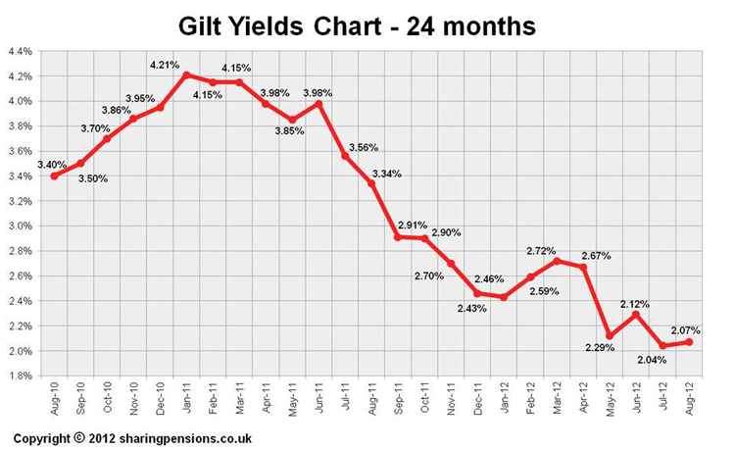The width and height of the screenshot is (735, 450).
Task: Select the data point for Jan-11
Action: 186,75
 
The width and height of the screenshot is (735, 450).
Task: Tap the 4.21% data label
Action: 165,65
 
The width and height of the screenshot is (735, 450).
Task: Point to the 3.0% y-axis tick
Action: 20,225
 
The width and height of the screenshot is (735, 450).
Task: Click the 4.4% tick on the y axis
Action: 20,51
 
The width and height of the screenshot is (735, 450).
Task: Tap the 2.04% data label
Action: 652,360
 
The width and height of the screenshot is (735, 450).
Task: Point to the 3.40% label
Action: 52,165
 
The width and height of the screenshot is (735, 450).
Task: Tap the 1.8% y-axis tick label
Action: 20,375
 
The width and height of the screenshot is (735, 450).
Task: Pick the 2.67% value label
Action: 596,256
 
